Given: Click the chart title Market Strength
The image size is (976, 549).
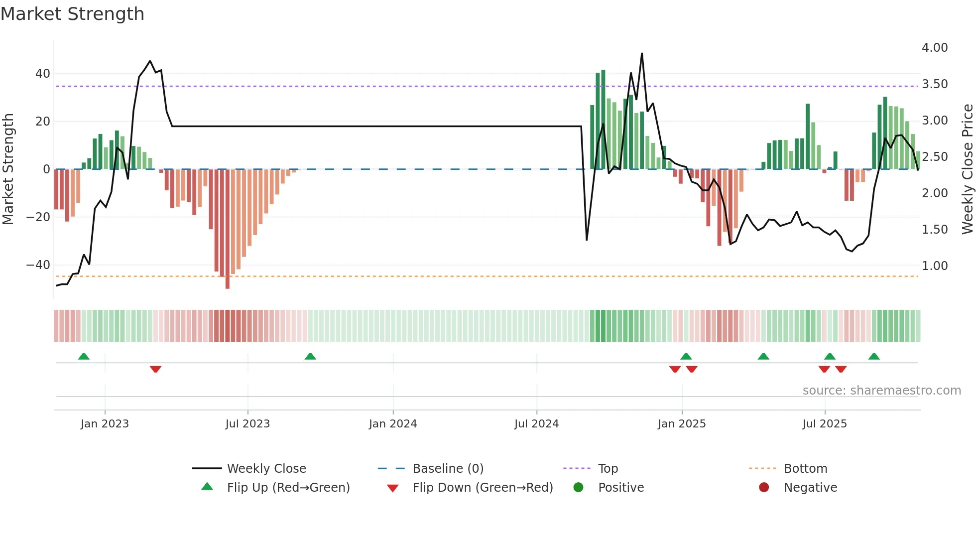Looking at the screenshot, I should point(72,14).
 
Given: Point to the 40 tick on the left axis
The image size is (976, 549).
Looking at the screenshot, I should point(43,74).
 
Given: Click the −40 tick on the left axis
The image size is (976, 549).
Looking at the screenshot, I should point(38,265).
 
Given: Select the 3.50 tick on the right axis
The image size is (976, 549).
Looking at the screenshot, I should point(935,84).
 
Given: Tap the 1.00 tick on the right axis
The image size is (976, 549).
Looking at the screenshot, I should point(935,266).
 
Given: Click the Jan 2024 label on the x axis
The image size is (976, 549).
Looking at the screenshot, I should point(393,424).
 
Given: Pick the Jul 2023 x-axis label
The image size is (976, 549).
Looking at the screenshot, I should point(247,424).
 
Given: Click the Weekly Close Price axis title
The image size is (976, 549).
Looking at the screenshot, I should point(967,169).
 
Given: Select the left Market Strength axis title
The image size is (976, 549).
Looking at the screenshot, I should point(8,169).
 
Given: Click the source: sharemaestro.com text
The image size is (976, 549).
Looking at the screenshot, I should point(881,391).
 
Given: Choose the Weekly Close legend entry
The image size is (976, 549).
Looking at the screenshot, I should point(266,469).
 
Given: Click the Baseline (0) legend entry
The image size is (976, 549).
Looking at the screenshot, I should point(448,469).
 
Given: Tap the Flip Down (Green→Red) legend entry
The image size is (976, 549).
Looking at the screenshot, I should point(483,488).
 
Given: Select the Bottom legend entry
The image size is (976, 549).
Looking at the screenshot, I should point(805,469).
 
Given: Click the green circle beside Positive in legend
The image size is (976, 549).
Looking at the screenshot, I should point(578,488).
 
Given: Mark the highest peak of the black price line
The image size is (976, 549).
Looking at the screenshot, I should point(642,54).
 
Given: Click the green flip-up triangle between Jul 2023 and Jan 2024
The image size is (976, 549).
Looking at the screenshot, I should point(310,357).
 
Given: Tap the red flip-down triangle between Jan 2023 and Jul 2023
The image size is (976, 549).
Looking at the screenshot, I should point(155,369).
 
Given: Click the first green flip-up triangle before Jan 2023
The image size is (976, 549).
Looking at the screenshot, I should point(84,357).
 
